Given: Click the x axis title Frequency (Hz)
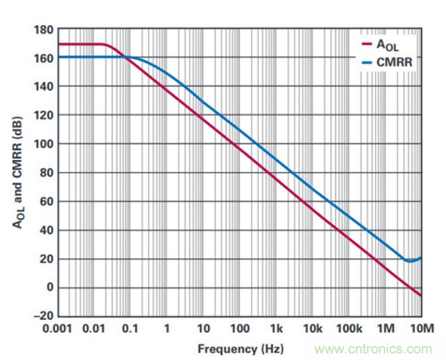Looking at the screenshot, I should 239,349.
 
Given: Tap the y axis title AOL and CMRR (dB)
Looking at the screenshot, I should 18,171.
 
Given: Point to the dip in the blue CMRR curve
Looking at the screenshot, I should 409,261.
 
